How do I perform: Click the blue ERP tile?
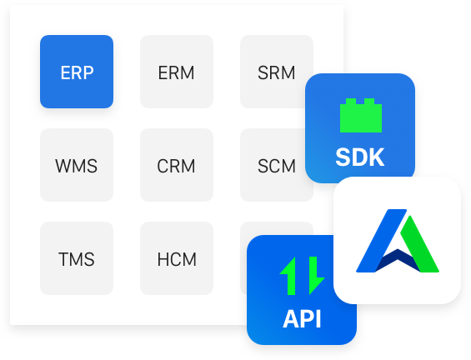77,72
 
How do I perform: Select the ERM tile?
177,72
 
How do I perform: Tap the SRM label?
277,72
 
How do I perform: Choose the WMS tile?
77,165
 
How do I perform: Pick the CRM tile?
177,165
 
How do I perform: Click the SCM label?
277,166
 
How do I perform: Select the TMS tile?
77,258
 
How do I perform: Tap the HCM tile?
177,258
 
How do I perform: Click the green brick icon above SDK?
361,116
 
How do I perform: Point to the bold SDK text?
360,157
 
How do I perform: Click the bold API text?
302,319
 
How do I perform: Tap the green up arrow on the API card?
289,276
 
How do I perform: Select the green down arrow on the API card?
315,276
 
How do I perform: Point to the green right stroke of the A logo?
419,245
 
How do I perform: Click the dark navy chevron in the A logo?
398,260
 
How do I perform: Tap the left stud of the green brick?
351,102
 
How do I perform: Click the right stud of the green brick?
369,102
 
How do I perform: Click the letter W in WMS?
63,166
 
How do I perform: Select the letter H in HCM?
163,259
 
